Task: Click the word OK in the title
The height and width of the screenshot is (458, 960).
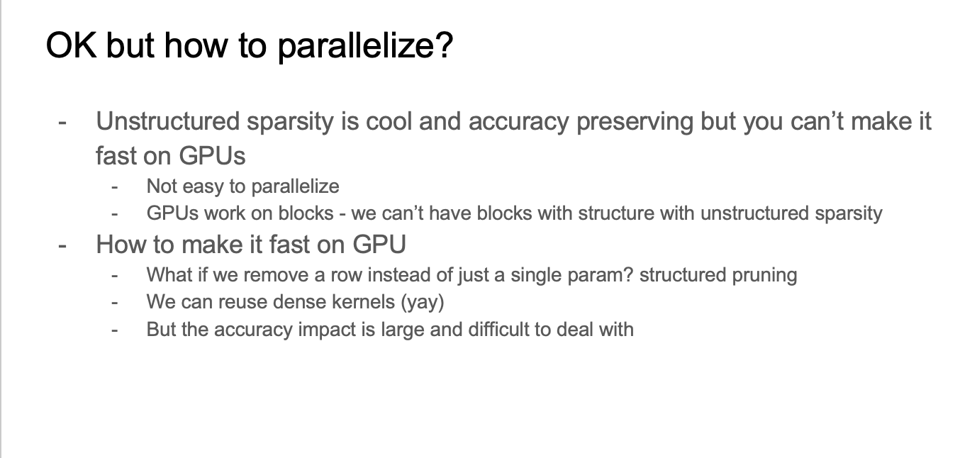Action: click(x=71, y=45)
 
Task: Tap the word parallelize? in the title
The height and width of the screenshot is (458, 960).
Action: click(x=366, y=47)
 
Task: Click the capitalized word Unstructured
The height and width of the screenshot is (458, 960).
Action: click(x=167, y=121)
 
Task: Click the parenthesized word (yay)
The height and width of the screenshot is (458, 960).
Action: click(x=423, y=303)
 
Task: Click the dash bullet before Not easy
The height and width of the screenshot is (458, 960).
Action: click(x=114, y=187)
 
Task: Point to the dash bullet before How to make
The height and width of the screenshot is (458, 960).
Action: click(x=62, y=246)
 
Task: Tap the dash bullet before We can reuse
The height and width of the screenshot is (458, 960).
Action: click(x=114, y=303)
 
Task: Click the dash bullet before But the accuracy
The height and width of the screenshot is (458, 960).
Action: click(x=114, y=330)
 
